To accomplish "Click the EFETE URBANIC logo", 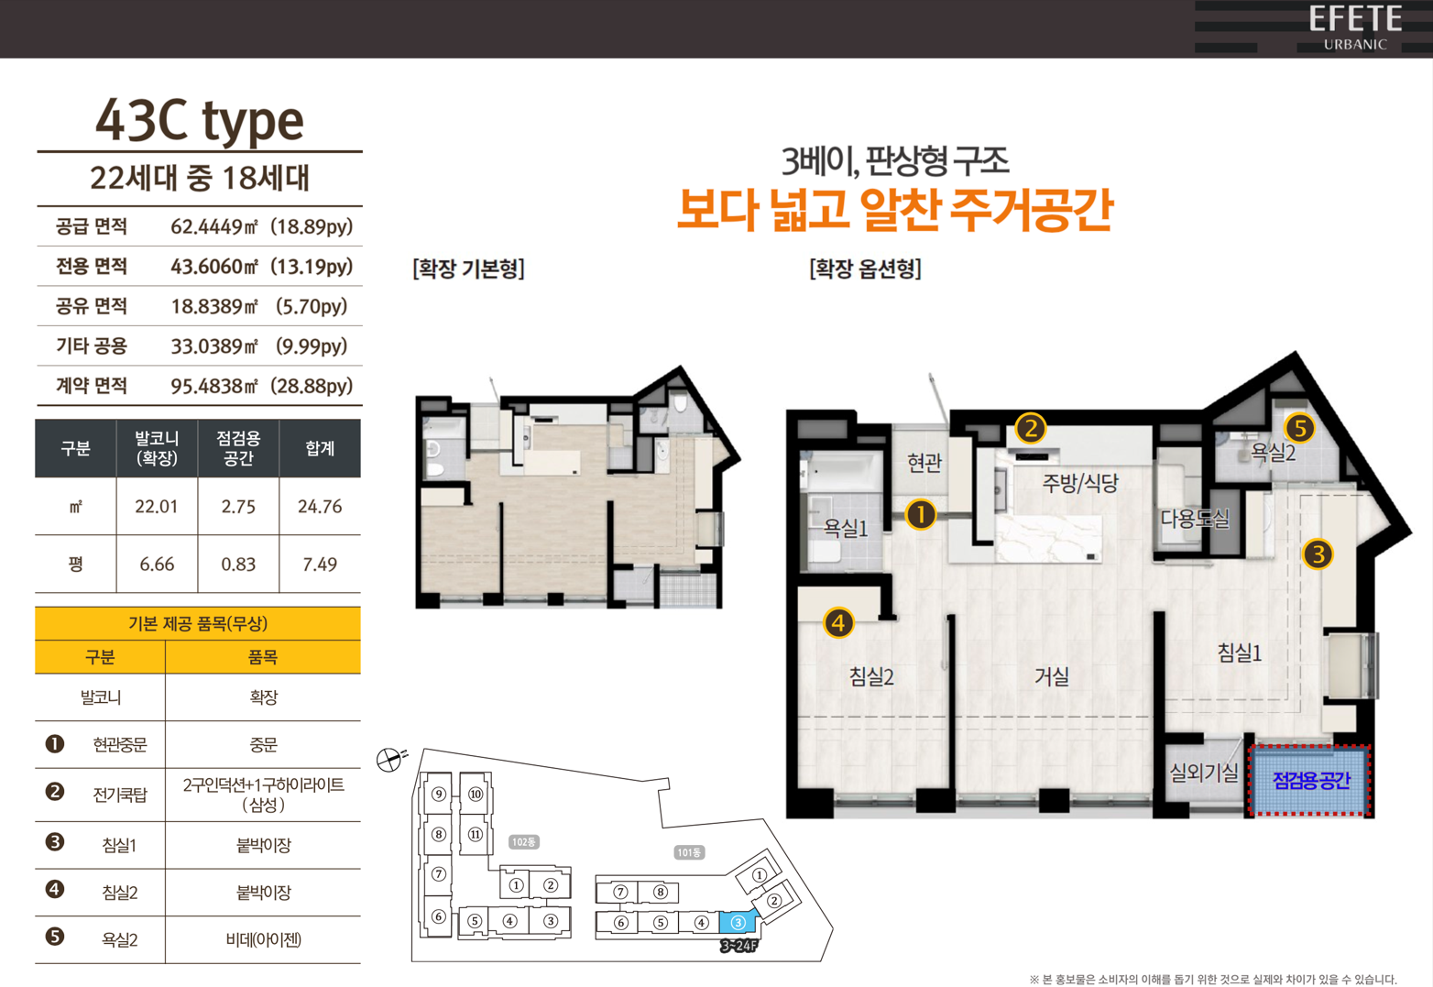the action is click(x=1355, y=27).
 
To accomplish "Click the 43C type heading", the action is click(x=200, y=122).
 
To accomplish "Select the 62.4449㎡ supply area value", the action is click(x=213, y=226).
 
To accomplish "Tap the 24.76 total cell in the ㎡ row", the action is click(x=320, y=507).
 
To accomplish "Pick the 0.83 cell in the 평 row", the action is click(x=238, y=565).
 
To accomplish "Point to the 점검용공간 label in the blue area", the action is click(x=1311, y=781).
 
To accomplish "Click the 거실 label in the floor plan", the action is click(x=1052, y=676).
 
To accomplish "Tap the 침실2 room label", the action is click(x=871, y=676).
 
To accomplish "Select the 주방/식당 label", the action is click(x=1080, y=482).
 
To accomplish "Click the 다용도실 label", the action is click(x=1195, y=518).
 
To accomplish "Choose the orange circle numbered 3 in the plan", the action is click(x=1318, y=554).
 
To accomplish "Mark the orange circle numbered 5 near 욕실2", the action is click(x=1300, y=428).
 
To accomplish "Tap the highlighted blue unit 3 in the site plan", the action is click(x=738, y=923).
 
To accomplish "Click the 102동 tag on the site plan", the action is click(x=524, y=842).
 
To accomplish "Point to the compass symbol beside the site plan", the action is click(x=389, y=760).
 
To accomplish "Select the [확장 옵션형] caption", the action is click(x=866, y=269).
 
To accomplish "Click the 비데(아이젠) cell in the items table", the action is click(x=264, y=939).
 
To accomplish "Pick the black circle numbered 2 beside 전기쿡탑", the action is click(x=55, y=792).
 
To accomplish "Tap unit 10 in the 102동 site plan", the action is click(x=476, y=795).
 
